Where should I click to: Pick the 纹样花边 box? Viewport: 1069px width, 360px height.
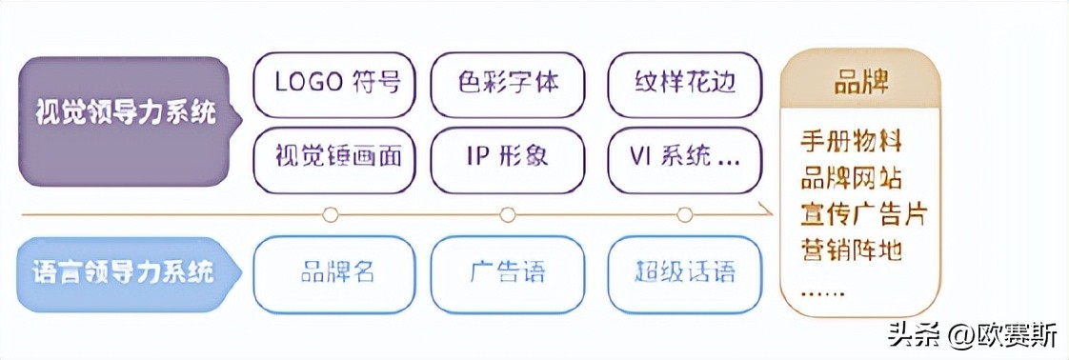(x=684, y=82)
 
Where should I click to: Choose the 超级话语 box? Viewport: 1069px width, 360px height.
(x=684, y=273)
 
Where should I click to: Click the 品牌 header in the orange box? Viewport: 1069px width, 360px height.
(x=861, y=83)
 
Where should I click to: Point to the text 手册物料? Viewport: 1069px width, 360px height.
(x=851, y=143)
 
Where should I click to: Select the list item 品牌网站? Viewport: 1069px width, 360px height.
(x=851, y=178)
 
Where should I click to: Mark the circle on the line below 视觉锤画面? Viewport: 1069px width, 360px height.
(x=331, y=214)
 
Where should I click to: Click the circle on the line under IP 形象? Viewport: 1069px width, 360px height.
(x=507, y=214)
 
